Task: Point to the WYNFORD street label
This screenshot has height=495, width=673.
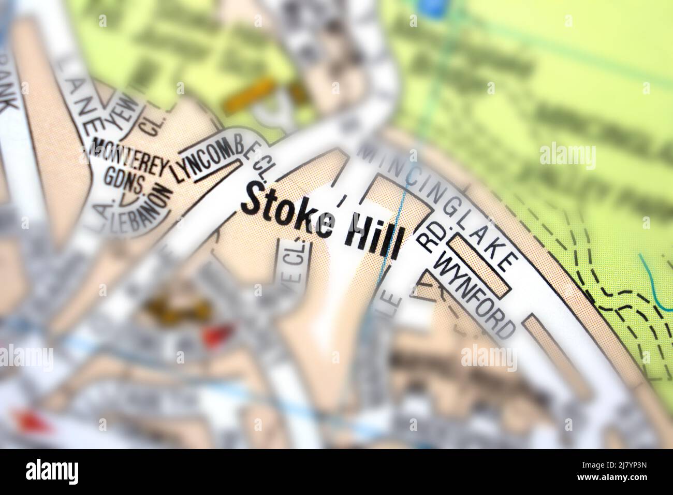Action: (x=477, y=293)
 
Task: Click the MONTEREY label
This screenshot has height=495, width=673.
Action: (x=129, y=158)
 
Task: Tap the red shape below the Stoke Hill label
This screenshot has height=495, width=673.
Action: (x=215, y=335)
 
